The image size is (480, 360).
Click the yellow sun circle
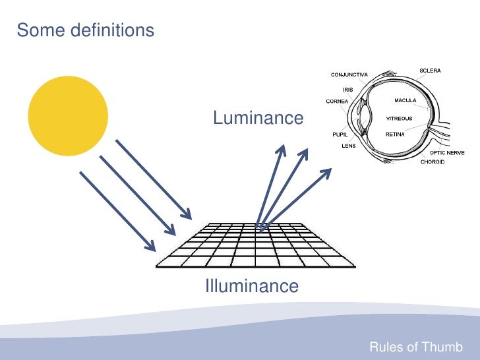[69, 116]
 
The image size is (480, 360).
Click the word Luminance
[258, 118]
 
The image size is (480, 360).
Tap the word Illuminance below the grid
[252, 286]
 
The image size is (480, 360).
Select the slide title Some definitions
[85, 30]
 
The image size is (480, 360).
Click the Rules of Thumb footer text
[416, 347]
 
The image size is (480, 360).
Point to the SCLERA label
[431, 71]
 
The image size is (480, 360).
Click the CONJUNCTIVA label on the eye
[349, 75]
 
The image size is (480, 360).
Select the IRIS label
[348, 90]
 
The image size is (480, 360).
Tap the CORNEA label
[337, 102]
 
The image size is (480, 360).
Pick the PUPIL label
[340, 133]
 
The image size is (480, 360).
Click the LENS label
[348, 146]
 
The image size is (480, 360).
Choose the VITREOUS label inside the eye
[399, 119]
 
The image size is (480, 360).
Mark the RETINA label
[396, 133]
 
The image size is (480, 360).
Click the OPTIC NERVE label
[447, 153]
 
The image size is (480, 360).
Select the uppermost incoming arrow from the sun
[153, 179]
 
